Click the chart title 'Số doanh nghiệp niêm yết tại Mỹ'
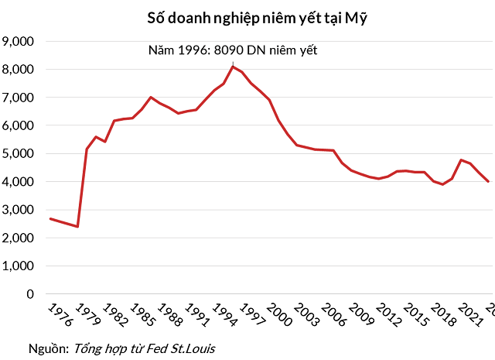(x=256, y=17)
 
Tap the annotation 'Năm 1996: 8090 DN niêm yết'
(x=233, y=50)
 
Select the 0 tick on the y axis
(x=30, y=294)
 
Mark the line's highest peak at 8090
(x=233, y=67)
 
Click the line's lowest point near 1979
(x=77, y=227)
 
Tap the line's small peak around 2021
(x=462, y=160)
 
